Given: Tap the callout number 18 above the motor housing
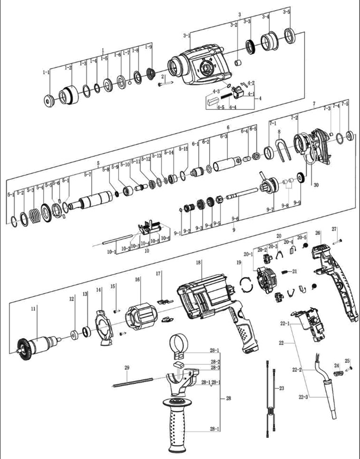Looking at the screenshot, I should point(199,263).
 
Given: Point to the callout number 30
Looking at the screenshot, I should point(316,185).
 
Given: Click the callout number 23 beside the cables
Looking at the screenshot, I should point(281,388).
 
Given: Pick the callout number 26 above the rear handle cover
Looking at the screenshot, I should point(318,233).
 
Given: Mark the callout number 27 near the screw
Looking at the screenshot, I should point(334,229).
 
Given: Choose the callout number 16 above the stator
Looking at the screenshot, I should point(137,279).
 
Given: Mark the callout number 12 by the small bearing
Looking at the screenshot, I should point(72,299).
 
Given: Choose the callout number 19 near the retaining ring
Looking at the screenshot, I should point(239,263).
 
